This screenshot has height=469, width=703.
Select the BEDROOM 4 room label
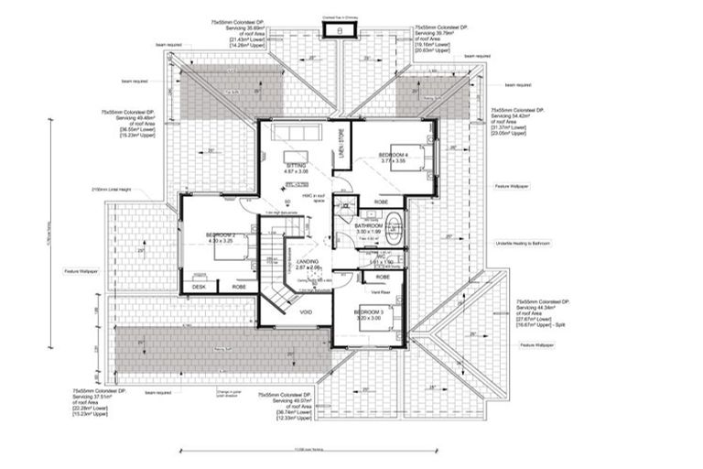[393, 156]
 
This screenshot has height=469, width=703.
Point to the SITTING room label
[297, 167]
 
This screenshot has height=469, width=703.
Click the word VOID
[306, 312]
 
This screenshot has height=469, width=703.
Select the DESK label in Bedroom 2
[199, 287]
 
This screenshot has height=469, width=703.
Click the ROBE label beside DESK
[239, 287]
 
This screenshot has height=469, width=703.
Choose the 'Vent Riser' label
[382, 292]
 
